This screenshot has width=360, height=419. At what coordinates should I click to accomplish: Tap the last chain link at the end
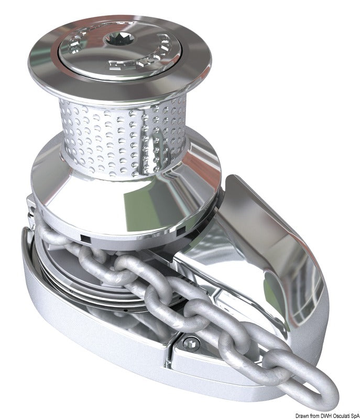point(310,388)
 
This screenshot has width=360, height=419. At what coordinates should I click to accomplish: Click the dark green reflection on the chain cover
point(293,272)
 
